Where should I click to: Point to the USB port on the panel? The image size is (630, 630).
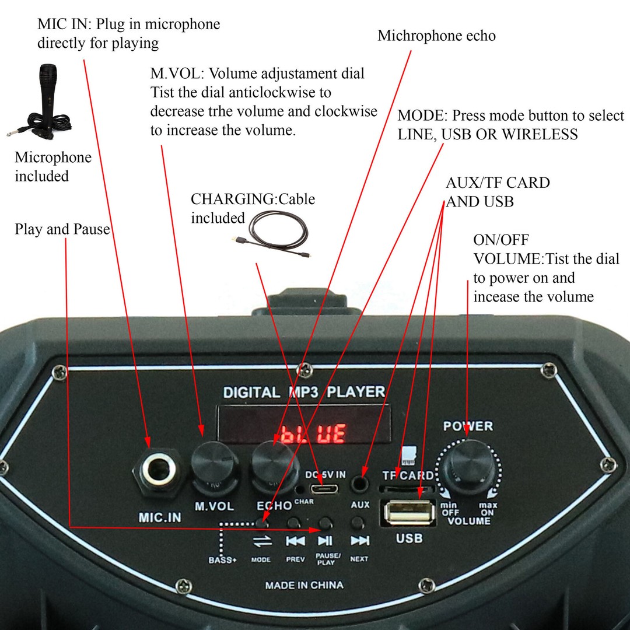click(409, 514)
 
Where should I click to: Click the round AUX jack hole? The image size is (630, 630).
click(360, 484)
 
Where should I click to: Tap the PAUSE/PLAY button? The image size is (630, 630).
click(325, 523)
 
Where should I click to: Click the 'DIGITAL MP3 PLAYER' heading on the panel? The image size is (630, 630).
click(304, 392)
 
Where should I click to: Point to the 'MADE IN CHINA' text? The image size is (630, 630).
click(304, 585)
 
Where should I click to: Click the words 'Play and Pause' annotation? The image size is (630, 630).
click(62, 229)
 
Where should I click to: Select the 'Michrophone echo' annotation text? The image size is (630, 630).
click(436, 36)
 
